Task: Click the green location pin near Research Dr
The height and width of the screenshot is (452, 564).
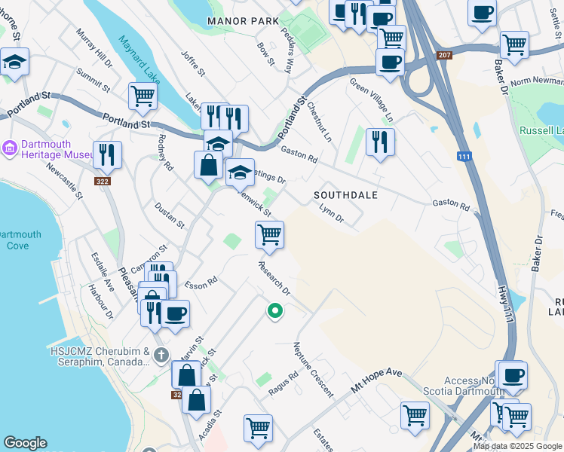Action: (275, 310)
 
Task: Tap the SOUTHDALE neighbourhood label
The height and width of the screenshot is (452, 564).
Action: (345, 195)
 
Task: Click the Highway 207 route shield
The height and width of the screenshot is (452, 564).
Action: (445, 55)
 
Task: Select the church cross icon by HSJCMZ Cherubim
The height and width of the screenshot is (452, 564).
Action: (160, 354)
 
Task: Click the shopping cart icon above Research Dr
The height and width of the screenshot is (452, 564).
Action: (269, 235)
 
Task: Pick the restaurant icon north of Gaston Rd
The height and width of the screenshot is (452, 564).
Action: (380, 141)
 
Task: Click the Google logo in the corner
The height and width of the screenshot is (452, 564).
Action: (26, 443)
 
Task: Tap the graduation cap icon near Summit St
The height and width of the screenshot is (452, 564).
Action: (14, 62)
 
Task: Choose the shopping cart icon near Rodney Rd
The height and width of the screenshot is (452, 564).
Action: (142, 96)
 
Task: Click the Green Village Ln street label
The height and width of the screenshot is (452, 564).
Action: (371, 100)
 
